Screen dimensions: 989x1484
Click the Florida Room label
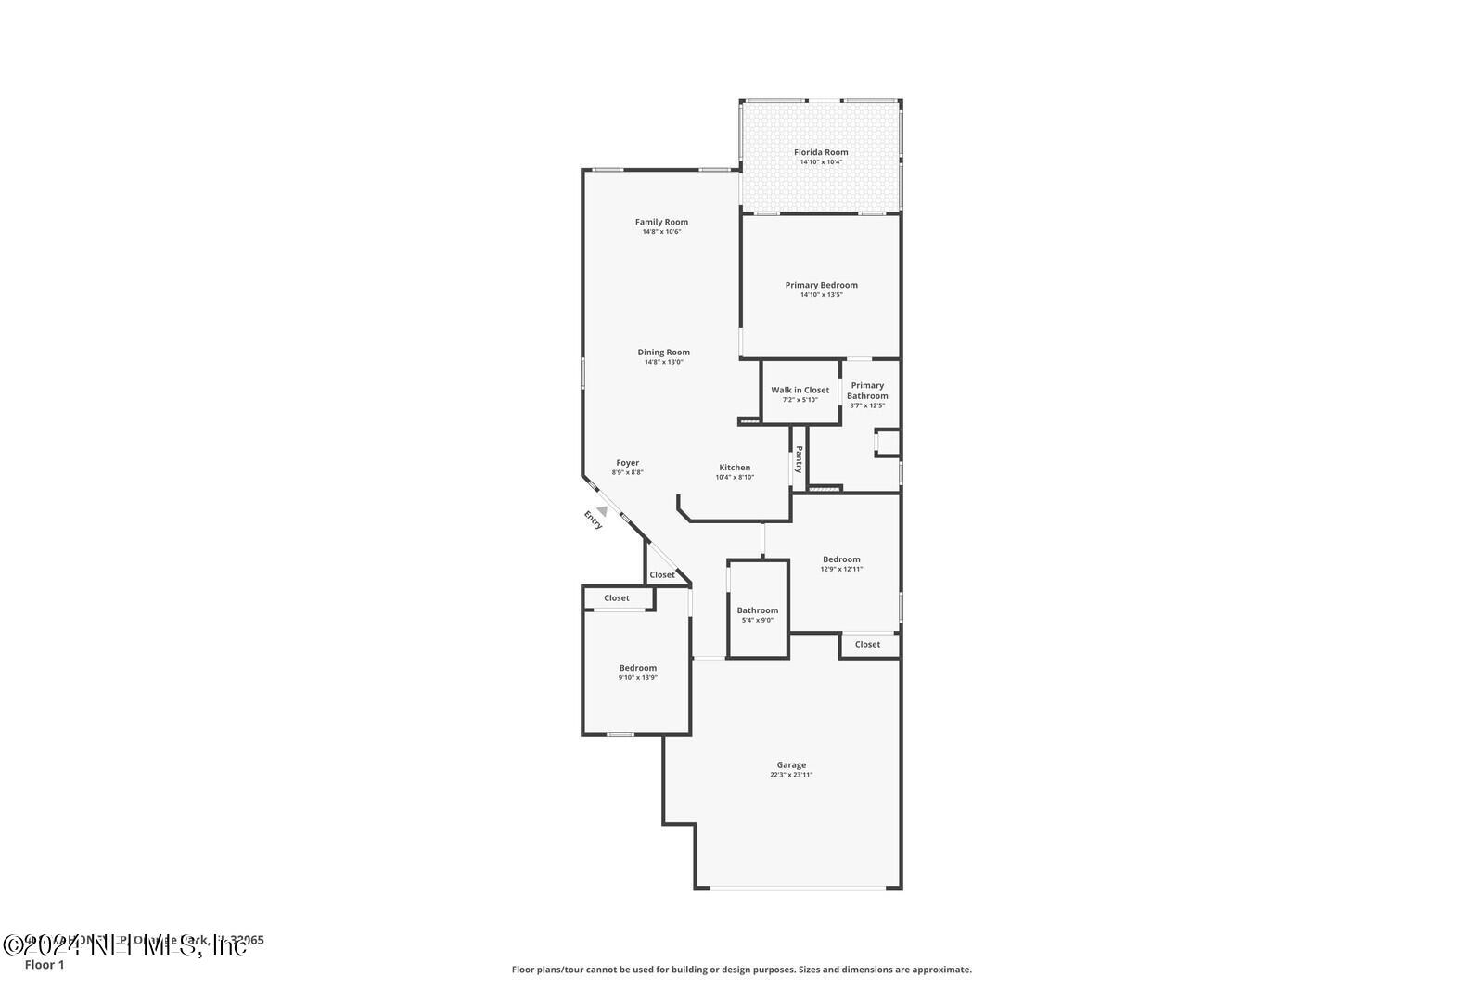point(821,152)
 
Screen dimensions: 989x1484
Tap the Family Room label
point(661,222)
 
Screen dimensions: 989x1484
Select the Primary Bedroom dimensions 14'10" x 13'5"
point(821,295)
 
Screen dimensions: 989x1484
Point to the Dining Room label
point(663,352)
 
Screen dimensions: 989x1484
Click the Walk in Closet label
point(800,390)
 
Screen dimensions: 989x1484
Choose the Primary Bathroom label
point(867,391)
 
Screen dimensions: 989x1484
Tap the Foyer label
point(627,463)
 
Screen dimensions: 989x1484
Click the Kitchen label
point(735,468)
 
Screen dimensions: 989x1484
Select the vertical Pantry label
point(799,459)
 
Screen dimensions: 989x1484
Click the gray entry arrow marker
point(603,509)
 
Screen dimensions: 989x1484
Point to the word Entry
point(593,520)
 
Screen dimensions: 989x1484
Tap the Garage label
point(791,765)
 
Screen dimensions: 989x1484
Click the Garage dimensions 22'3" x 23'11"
point(791,775)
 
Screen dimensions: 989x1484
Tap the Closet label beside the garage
point(867,644)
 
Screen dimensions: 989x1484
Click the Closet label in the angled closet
point(662,575)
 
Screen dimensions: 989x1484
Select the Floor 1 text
point(45,965)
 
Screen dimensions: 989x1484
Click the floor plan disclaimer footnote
point(742,970)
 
